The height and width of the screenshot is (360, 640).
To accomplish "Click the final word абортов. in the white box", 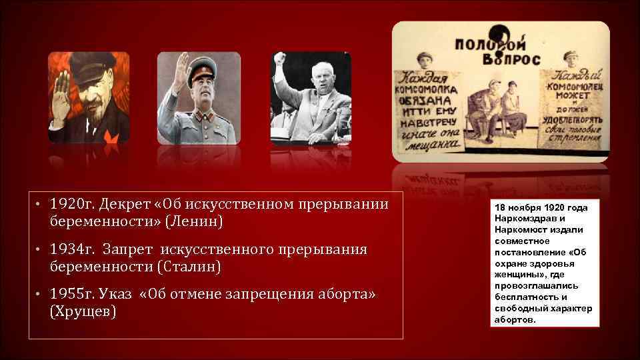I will click(515, 320).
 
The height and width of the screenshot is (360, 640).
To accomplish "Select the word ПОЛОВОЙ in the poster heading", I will click(483, 45).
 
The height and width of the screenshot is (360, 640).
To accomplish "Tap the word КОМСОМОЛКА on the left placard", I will click(425, 89).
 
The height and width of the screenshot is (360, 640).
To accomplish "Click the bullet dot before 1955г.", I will click(40, 295).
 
